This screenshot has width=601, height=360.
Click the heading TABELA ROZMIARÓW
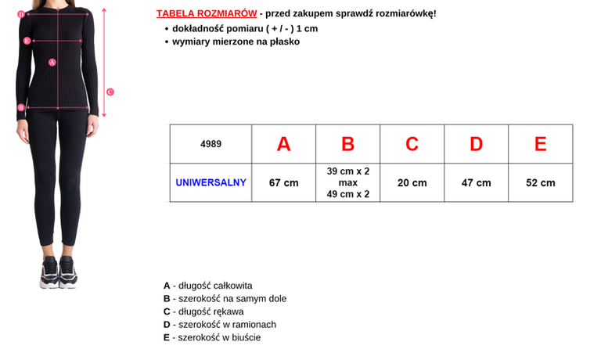click(x=207, y=14)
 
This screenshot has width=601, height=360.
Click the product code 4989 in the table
click(x=211, y=144)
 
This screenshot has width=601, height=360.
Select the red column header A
click(x=283, y=144)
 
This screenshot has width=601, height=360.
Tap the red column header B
click(x=348, y=144)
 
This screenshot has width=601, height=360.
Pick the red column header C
click(x=412, y=144)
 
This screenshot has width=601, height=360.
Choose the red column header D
click(x=476, y=144)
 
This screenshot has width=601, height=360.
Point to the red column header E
click(x=540, y=144)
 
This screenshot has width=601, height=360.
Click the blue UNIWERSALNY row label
click(x=211, y=182)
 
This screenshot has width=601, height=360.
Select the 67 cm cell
click(x=283, y=182)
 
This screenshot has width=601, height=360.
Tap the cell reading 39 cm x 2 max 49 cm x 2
click(x=348, y=182)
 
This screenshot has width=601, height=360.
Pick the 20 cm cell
click(x=412, y=182)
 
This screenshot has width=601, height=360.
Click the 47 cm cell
click(x=476, y=182)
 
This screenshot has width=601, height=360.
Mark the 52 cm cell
click(x=540, y=182)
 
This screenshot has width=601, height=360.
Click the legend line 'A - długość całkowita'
click(x=207, y=286)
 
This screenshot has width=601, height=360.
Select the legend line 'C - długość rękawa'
click(x=203, y=311)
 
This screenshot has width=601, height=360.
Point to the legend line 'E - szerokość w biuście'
click(x=212, y=337)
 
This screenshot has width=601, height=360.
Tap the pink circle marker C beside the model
click(x=110, y=92)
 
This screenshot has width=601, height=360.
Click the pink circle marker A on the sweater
click(x=52, y=62)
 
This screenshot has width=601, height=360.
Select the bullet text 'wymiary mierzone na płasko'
click(x=236, y=41)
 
